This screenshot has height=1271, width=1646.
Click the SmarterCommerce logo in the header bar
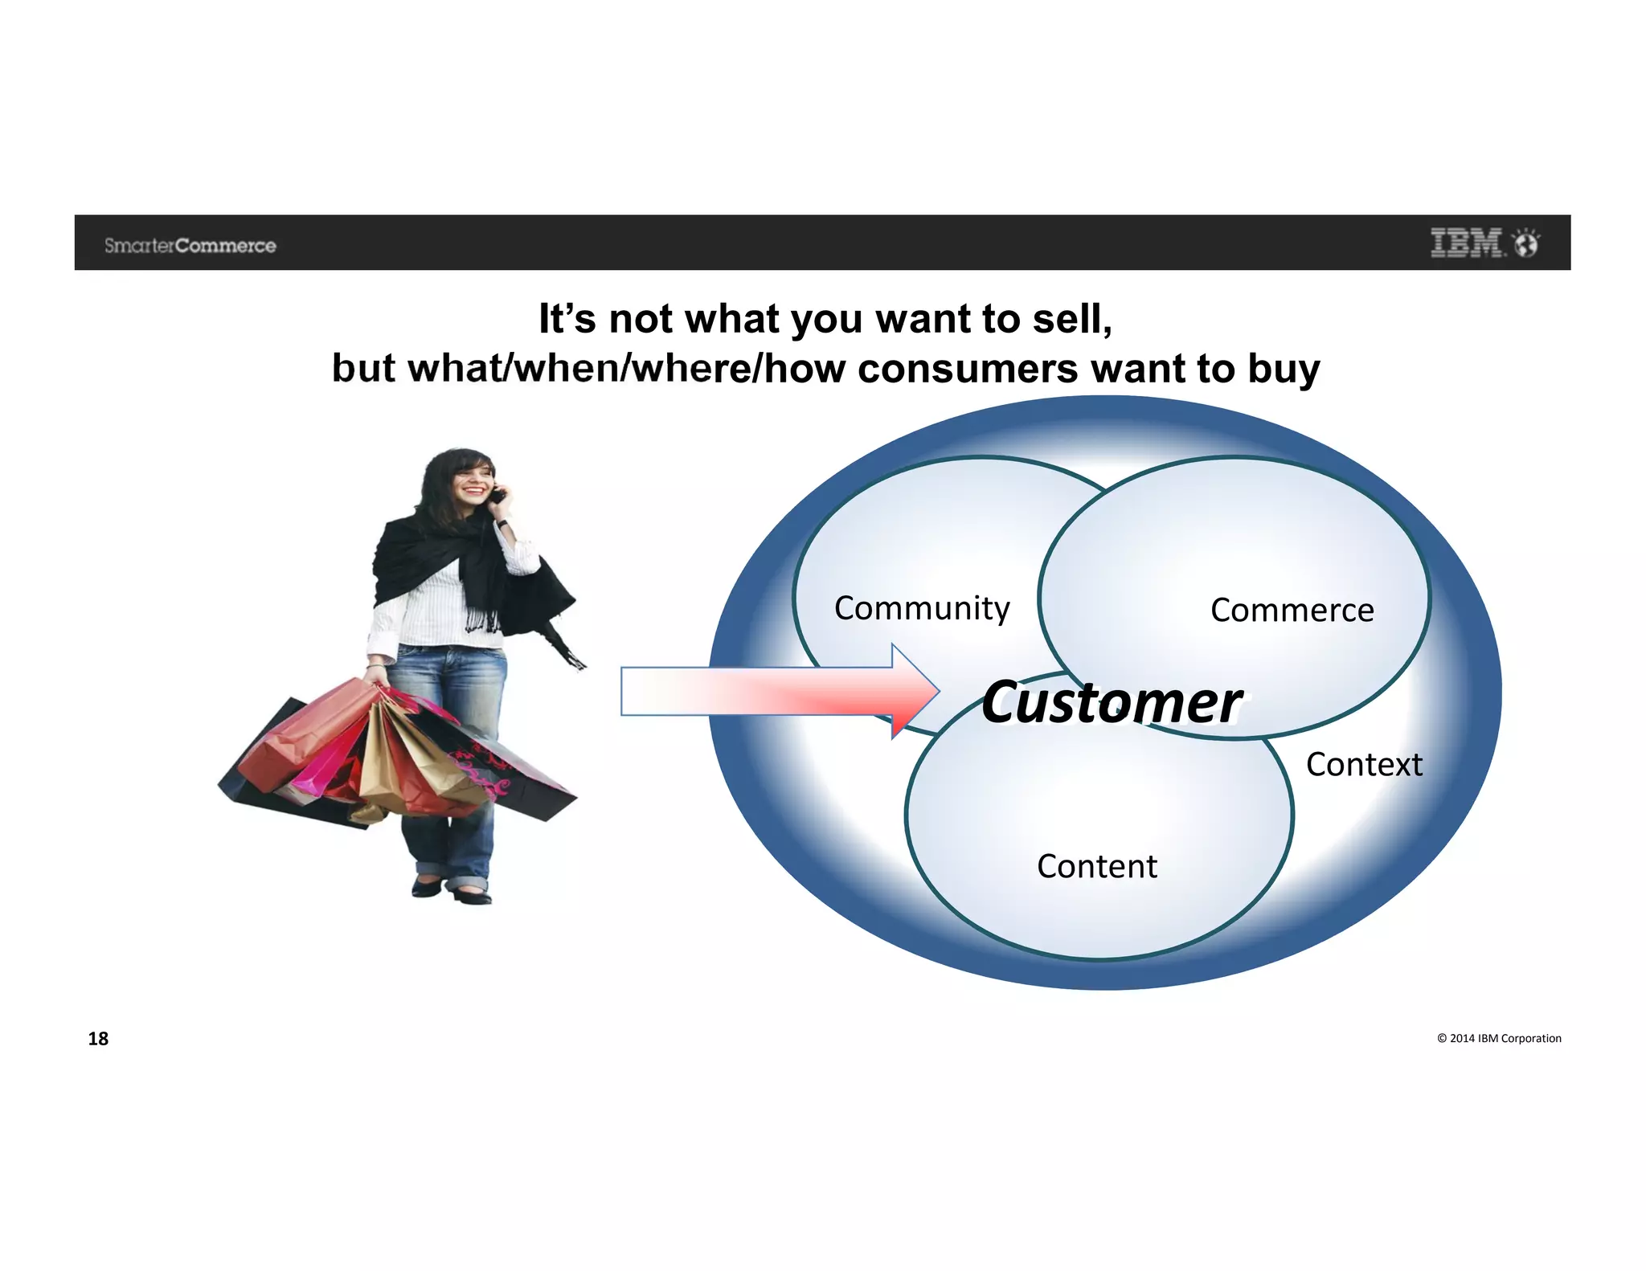190,246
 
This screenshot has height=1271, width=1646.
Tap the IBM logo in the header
1467,243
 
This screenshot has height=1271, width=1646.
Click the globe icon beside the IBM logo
1525,243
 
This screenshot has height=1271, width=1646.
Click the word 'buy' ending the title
1284,370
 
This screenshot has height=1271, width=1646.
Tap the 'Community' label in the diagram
922,609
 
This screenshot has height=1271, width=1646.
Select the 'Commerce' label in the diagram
1292,611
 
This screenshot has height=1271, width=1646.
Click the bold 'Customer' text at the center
1112,703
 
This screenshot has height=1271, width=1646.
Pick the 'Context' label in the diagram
1364,765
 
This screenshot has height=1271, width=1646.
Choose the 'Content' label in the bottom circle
1097,867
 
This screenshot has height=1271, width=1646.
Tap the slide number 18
98,1039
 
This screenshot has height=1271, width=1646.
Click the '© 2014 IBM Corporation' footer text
1499,1038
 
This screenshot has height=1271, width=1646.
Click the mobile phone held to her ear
498,495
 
